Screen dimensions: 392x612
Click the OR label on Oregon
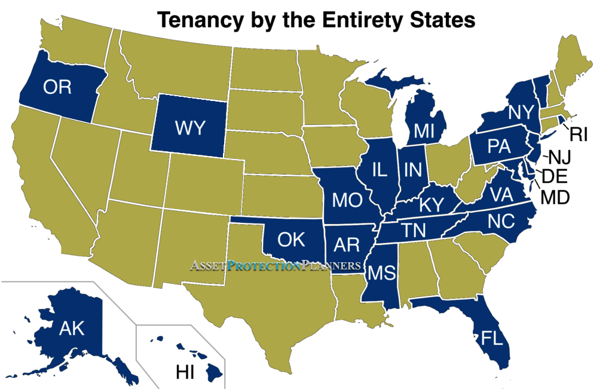(57, 87)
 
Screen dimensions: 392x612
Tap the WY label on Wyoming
(191, 127)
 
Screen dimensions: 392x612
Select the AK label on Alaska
(72, 328)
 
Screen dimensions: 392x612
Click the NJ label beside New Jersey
(561, 158)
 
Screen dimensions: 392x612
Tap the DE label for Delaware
(555, 176)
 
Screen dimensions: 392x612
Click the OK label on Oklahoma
(292, 239)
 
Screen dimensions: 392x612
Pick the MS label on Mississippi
(381, 273)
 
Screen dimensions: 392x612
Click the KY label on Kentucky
(431, 204)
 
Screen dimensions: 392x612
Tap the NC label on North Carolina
(501, 221)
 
